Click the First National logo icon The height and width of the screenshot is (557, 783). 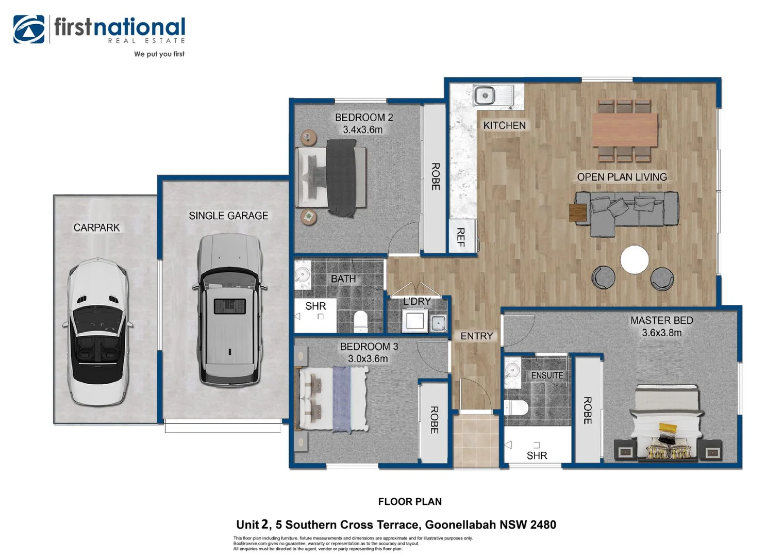click(x=29, y=29)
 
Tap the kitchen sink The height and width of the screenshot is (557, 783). click(x=485, y=95)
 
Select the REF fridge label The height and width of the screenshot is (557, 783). click(x=461, y=237)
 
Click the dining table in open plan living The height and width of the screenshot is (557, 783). click(x=625, y=130)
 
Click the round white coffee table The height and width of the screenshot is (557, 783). click(x=635, y=259)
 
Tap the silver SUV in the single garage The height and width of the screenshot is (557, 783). click(x=228, y=309)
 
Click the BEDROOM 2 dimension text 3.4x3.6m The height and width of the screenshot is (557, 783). click(x=363, y=130)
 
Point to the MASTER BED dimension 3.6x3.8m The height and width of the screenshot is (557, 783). click(x=661, y=333)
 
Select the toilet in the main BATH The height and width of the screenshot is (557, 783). click(x=360, y=321)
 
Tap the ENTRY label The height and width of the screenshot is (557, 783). click(x=476, y=336)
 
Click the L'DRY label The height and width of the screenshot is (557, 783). click(x=417, y=301)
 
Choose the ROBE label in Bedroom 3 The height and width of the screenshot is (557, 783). click(x=434, y=420)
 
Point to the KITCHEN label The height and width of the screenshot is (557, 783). click(x=504, y=125)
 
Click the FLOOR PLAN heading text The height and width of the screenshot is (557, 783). click(x=410, y=502)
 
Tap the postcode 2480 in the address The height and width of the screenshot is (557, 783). click(x=543, y=525)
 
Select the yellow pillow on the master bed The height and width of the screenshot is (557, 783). click(x=668, y=428)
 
